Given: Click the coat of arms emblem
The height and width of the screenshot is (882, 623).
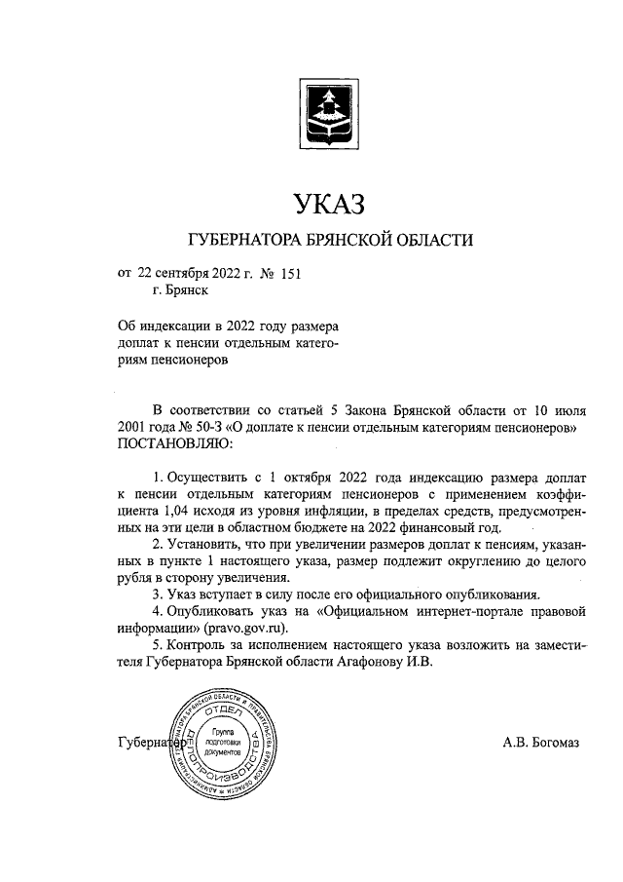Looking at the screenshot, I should point(325,114).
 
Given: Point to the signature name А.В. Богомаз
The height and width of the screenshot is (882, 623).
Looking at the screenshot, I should point(540,744).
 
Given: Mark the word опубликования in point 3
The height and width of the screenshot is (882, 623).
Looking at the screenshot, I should point(483,595).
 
